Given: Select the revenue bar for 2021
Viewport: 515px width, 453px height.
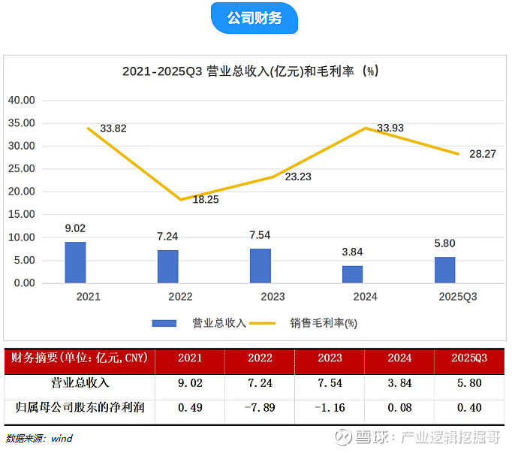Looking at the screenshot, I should pyautogui.click(x=75, y=262).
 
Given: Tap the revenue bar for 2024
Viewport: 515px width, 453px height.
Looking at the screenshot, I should pyautogui.click(x=352, y=274).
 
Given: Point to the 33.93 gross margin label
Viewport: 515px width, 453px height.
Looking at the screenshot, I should pyautogui.click(x=390, y=128).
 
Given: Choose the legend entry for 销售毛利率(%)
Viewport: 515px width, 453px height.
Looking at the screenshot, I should pyautogui.click(x=324, y=323).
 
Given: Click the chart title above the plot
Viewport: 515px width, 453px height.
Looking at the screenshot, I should pyautogui.click(x=251, y=71).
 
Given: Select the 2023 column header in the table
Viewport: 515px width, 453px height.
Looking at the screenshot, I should pyautogui.click(x=329, y=358).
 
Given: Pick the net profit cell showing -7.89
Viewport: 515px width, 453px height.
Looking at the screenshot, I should pyautogui.click(x=259, y=408).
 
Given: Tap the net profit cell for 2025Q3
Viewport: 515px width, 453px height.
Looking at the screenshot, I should pyautogui.click(x=468, y=408).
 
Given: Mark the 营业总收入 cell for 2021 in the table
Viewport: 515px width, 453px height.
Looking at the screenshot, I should pyautogui.click(x=189, y=382).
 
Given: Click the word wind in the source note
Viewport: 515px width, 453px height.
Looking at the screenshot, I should pyautogui.click(x=62, y=438).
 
